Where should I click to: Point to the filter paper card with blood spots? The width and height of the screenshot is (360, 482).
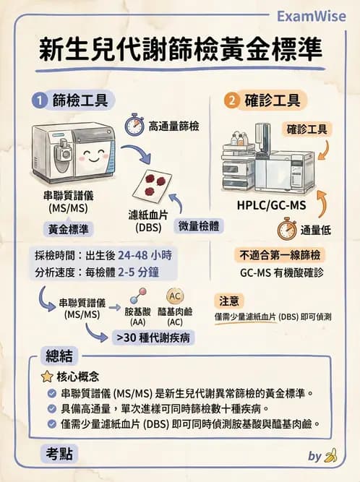tap(154, 181)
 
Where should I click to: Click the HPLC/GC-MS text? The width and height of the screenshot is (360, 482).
tap(271, 205)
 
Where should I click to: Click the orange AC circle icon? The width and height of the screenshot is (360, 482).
tap(175, 296)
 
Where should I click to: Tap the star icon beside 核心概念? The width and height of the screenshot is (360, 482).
tap(47, 376)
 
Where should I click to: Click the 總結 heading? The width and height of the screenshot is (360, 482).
tap(60, 356)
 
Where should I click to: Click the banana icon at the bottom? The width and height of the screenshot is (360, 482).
tap(332, 455)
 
